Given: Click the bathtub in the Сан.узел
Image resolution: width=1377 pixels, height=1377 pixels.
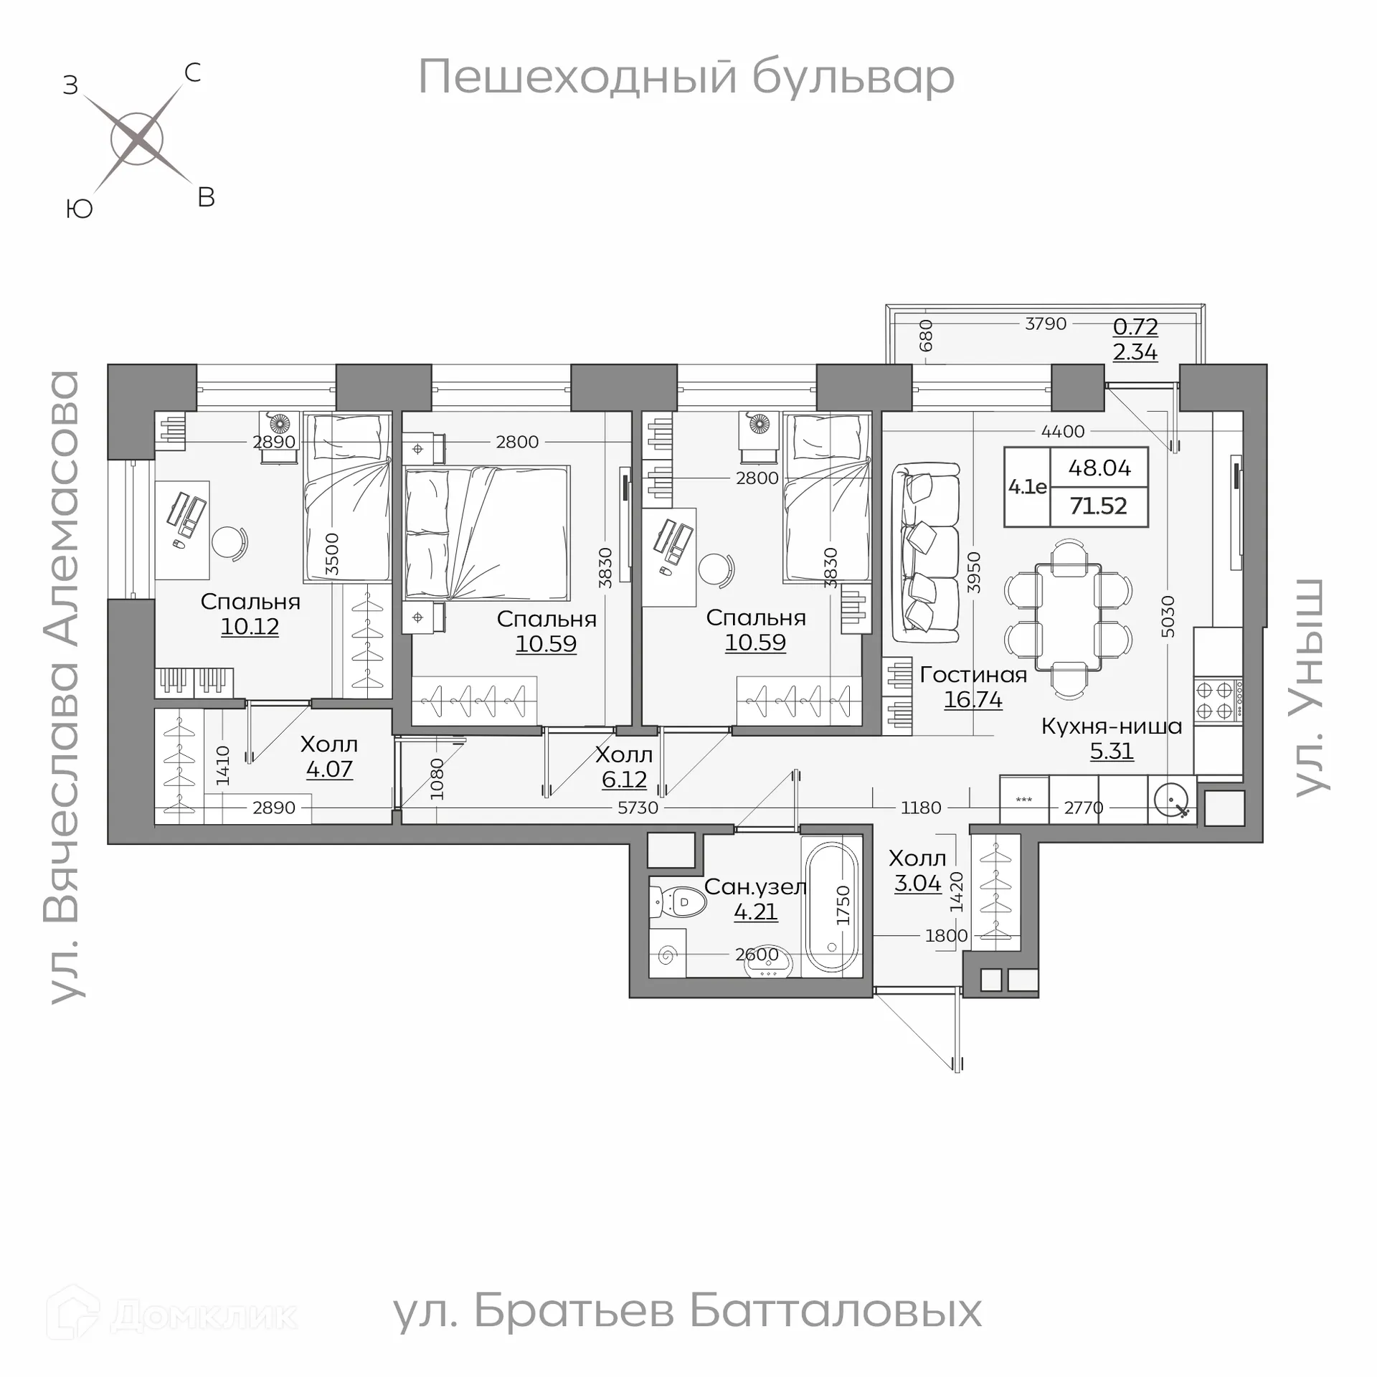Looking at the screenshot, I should tap(832, 905).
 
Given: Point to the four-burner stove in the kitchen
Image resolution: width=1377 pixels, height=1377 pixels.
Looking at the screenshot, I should tap(1218, 701).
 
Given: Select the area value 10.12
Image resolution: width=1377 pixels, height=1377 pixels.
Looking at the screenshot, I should tap(250, 626).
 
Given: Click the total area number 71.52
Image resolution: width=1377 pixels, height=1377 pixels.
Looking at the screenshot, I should tap(1098, 506).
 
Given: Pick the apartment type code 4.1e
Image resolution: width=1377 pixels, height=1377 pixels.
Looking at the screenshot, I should tap(1027, 487).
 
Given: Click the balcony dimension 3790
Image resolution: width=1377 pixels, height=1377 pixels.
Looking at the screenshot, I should tap(1046, 324).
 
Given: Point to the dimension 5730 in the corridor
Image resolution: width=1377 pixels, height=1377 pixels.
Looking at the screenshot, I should tap(638, 808).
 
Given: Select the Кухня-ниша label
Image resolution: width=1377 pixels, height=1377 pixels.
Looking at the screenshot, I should tap(1111, 726).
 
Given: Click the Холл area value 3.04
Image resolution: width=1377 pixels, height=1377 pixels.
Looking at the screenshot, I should tap(917, 883).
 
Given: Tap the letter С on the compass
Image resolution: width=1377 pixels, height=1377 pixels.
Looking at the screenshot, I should tap(192, 73).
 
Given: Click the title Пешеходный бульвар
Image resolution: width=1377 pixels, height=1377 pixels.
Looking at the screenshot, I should tap(686, 77).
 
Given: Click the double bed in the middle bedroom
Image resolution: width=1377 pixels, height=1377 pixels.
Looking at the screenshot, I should tap(488, 534).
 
